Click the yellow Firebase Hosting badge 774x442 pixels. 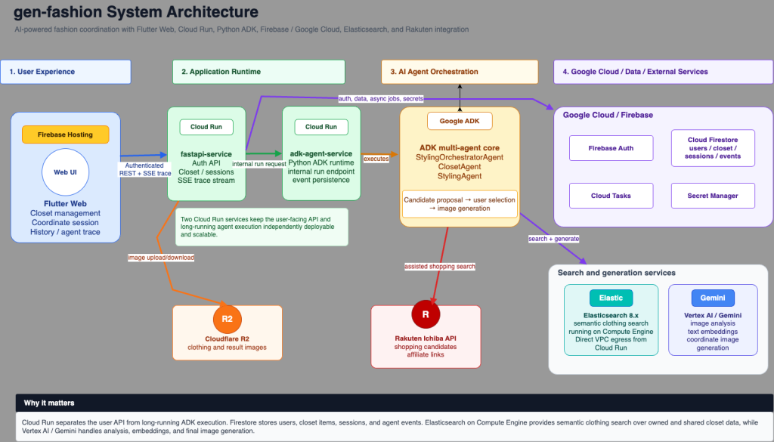65,134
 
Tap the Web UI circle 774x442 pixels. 65,172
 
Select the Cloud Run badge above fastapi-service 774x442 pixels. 206,127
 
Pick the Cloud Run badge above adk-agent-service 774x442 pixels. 320,127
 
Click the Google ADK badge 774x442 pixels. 460,121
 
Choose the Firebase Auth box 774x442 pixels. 611,148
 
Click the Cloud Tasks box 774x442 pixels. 611,196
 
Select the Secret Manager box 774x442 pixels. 713,196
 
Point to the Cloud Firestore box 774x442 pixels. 713,148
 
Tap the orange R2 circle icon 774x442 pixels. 227,319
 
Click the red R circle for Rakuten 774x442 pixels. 426,314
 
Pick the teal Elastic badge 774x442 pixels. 611,298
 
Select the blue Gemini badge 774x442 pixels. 713,298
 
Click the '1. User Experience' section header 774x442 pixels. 66,72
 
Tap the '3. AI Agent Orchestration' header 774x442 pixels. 460,72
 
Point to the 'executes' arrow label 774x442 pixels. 376,159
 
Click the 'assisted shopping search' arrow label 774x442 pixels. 440,267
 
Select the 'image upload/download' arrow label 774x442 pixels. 161,258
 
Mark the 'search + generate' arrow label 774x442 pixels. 553,239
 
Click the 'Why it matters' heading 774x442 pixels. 49,403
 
